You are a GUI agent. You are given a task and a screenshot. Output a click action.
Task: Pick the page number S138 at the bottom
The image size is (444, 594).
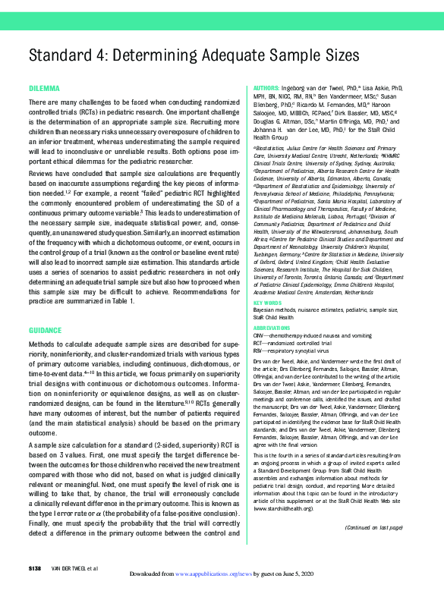[x=38, y=568]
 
